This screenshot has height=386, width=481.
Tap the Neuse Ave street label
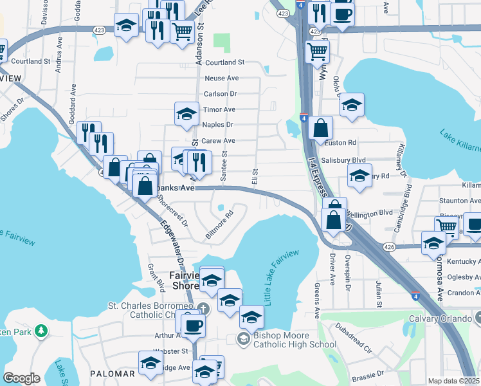pyautogui.click(x=222, y=78)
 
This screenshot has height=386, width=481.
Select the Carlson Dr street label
pyautogui.click(x=221, y=94)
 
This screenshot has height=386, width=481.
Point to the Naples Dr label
pyautogui.click(x=217, y=125)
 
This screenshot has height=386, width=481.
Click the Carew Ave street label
pyautogui.click(x=219, y=141)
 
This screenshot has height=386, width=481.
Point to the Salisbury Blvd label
pyautogui.click(x=344, y=160)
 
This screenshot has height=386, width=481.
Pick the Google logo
pyautogui.click(x=21, y=378)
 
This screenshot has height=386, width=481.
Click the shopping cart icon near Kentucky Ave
pyautogui.click(x=446, y=226)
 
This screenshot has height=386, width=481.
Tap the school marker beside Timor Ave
pyautogui.click(x=186, y=114)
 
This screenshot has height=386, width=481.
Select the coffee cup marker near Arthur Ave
pyautogui.click(x=193, y=324)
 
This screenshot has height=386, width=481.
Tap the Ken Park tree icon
pyautogui.click(x=42, y=331)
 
